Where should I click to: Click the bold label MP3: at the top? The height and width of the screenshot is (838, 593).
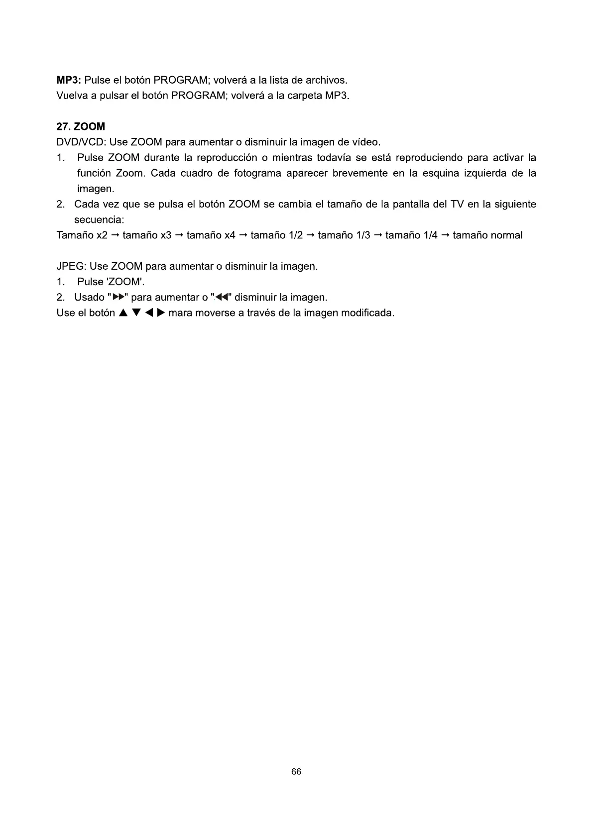(x=69, y=80)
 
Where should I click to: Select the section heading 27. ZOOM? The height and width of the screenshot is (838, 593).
(x=81, y=127)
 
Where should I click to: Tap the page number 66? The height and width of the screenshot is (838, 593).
(x=296, y=772)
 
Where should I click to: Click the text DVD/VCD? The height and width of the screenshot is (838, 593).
(x=81, y=142)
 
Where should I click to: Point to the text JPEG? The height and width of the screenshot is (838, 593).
(x=71, y=266)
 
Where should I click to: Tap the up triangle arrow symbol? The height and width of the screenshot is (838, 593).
(x=122, y=313)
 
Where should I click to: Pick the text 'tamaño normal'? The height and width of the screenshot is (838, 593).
(x=487, y=235)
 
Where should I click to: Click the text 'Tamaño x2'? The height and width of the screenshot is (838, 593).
(x=82, y=235)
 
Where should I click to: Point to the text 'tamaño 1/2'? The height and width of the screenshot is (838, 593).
(x=276, y=235)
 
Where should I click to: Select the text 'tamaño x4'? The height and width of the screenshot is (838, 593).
(x=211, y=235)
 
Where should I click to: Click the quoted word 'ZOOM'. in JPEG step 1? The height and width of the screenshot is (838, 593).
(x=125, y=282)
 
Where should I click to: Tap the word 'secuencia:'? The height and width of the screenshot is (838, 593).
(x=99, y=220)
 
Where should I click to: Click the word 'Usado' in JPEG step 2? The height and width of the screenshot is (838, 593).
(x=89, y=298)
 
